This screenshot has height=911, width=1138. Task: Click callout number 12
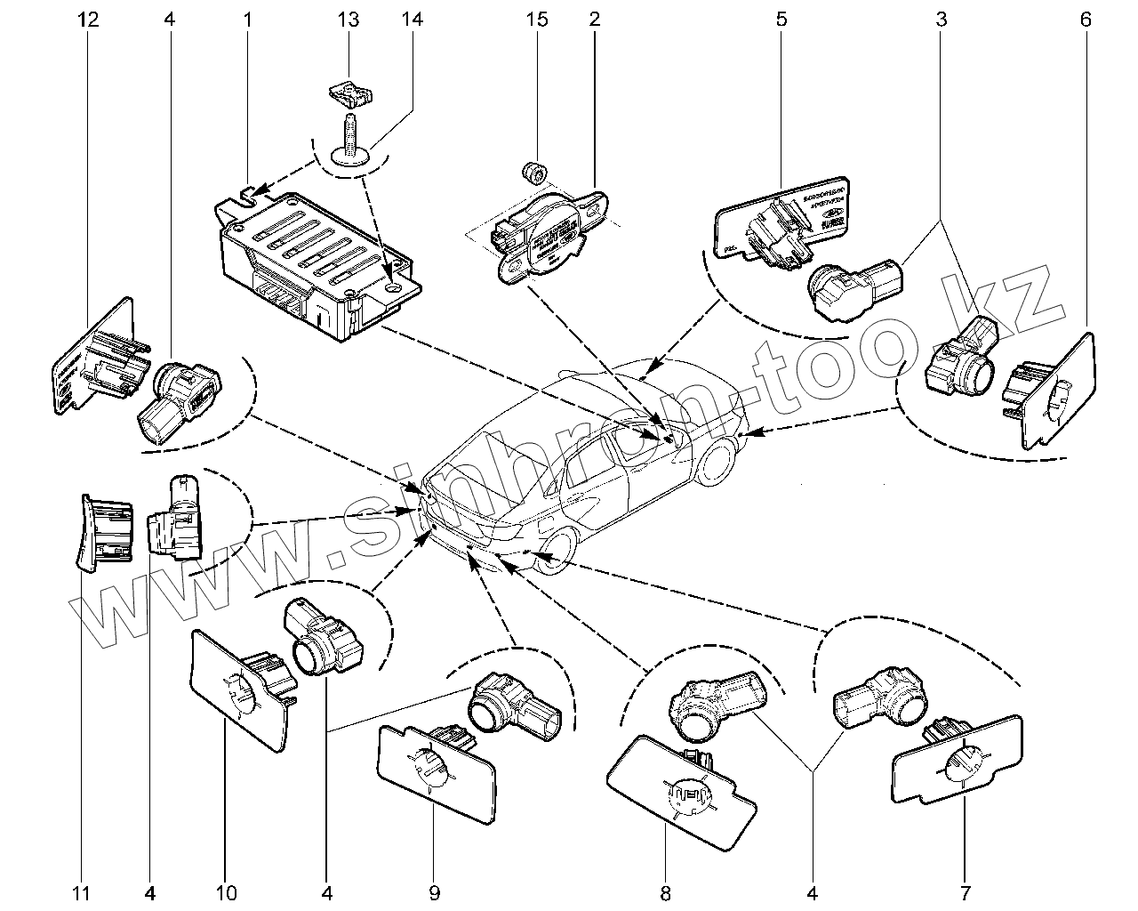[x=88, y=17]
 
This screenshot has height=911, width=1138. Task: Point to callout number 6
[x=1086, y=17]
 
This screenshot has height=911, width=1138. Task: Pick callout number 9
[x=435, y=891]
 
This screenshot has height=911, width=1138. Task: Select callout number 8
[x=666, y=891]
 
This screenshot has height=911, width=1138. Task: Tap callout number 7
[x=965, y=891]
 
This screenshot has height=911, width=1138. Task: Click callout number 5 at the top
[x=781, y=17]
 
